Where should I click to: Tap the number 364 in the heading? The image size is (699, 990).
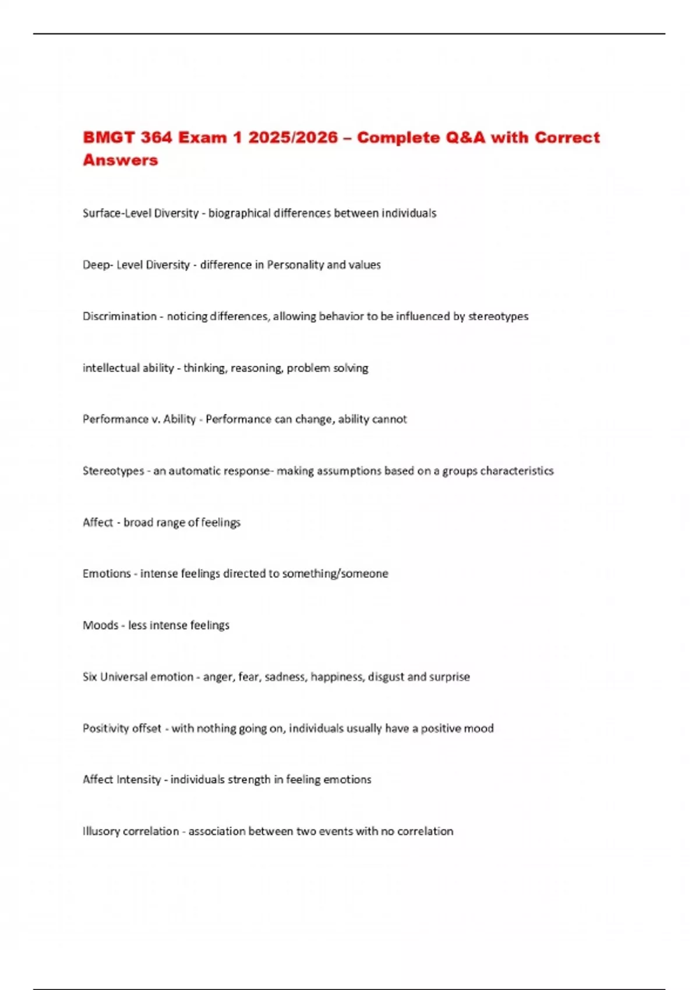pos(156,137)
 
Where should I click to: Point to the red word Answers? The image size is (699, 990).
pos(120,160)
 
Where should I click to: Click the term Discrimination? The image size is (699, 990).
pos(119,316)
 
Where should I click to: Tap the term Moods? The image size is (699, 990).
pos(100,625)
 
